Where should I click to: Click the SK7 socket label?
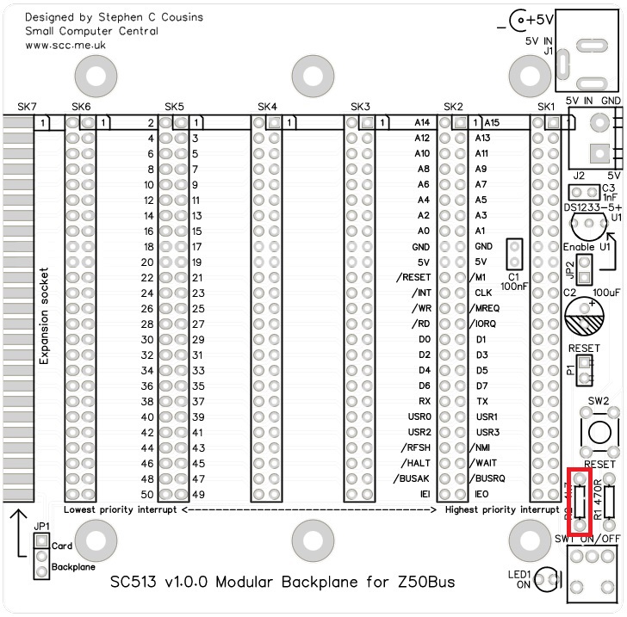27,107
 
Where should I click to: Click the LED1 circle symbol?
545,583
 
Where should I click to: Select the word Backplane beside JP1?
73,568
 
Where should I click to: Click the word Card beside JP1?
61,546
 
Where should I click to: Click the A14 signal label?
421,123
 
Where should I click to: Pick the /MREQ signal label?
487,308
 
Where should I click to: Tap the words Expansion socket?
44,314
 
